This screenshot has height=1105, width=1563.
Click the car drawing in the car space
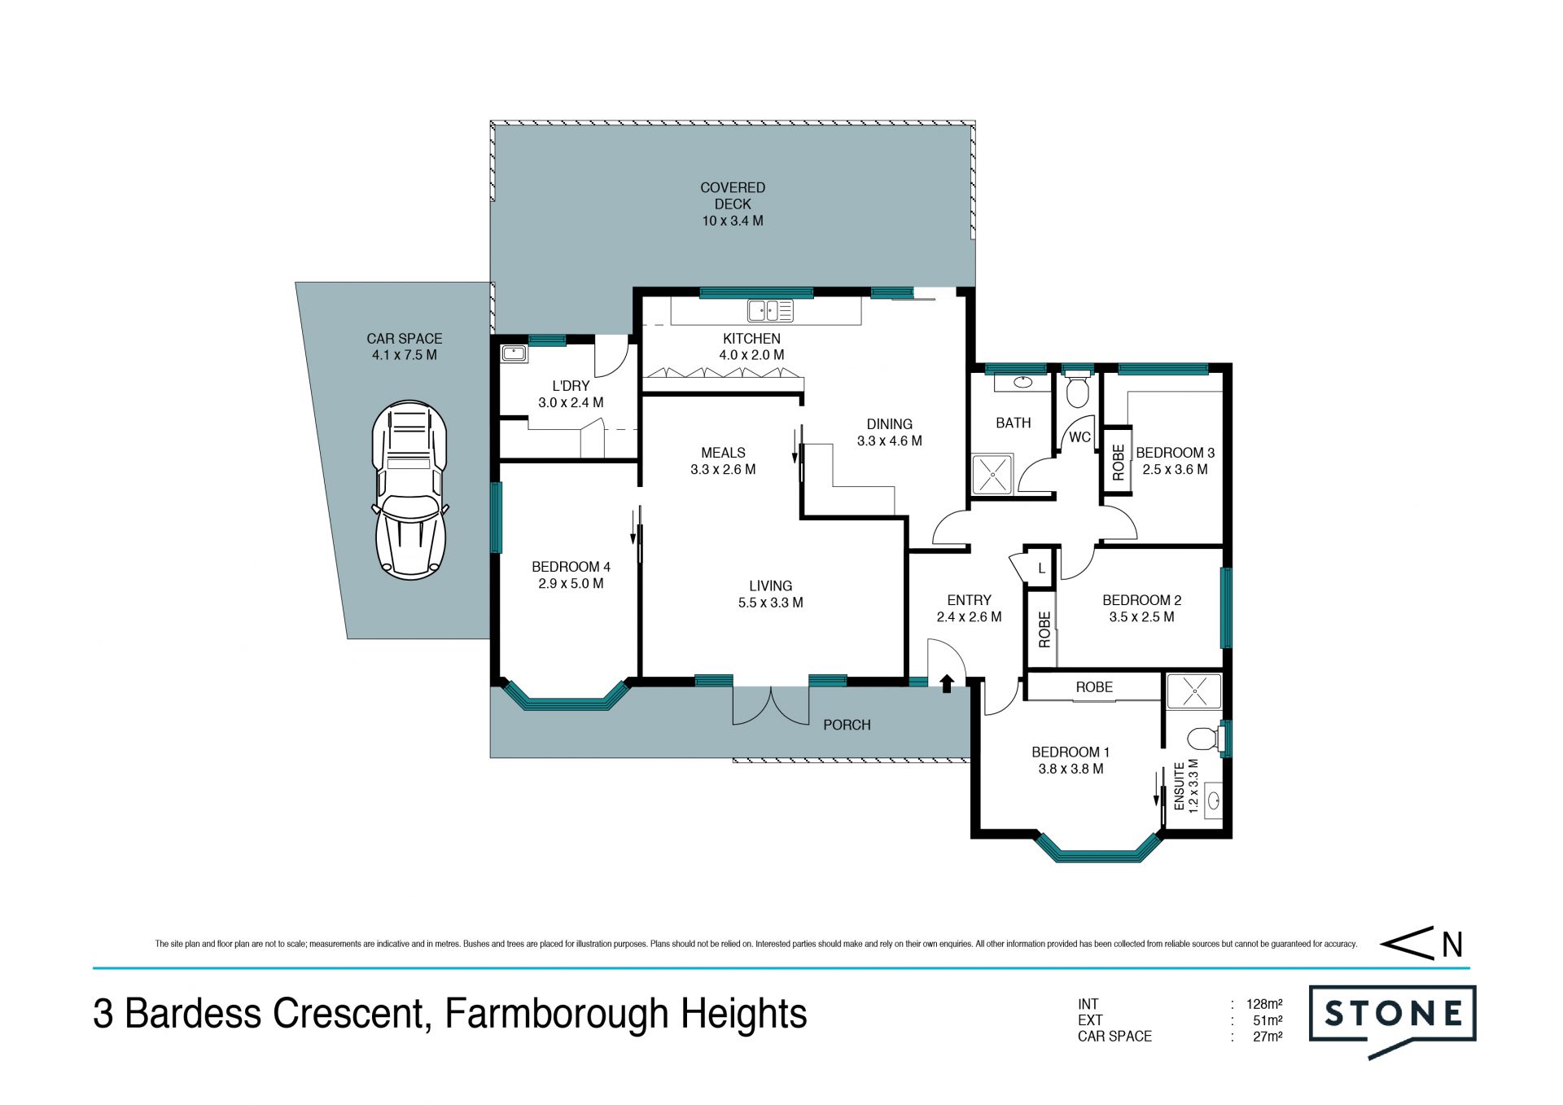[x=409, y=490]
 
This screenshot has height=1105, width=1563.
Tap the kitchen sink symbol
[x=770, y=310]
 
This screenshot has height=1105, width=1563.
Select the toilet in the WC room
[x=1078, y=390]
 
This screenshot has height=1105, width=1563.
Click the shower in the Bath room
[x=992, y=474]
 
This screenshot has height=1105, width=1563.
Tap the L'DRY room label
[x=571, y=386]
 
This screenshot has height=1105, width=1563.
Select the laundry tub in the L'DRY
[x=514, y=353]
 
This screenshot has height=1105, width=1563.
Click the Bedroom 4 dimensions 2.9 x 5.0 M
[x=571, y=584]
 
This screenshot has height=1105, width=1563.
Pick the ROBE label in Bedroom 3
[x=1119, y=462]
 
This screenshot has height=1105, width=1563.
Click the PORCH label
[x=847, y=725]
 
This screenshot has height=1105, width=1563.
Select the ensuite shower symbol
[x=1194, y=691]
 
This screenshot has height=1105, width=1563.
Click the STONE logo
[x=1392, y=1021]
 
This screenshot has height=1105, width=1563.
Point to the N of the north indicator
[x=1453, y=945]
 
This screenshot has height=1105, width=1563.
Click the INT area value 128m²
[x=1264, y=1004]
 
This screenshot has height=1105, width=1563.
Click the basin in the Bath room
[x=1023, y=382]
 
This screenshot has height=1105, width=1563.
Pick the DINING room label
[x=890, y=424]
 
